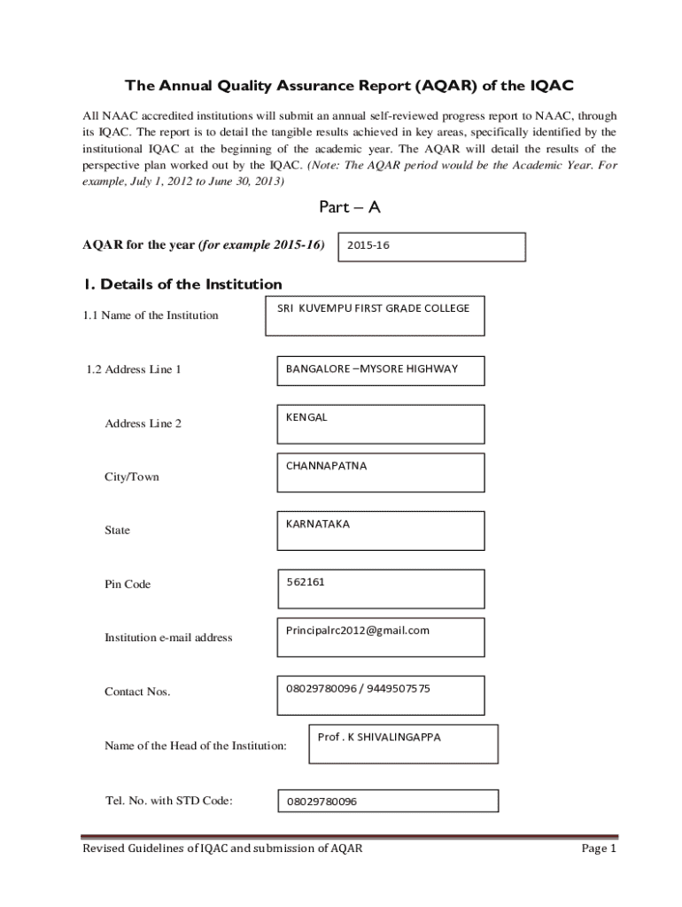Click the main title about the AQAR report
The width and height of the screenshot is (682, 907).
click(x=349, y=86)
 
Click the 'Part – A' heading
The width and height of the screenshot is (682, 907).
click(x=349, y=207)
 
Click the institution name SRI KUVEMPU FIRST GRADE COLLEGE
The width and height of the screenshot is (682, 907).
click(x=373, y=308)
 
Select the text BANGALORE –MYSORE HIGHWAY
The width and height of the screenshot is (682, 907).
click(x=371, y=368)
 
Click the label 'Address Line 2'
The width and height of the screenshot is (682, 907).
click(x=143, y=423)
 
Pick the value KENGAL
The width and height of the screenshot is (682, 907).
click(x=306, y=417)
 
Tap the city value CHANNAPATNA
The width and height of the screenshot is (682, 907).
click(x=326, y=466)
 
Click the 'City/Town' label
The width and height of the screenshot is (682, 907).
click(x=132, y=477)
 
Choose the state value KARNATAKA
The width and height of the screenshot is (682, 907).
click(x=318, y=523)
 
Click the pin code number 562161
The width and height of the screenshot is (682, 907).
click(x=306, y=582)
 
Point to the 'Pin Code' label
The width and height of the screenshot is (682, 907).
click(x=128, y=585)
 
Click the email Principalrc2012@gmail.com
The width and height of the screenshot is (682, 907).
click(x=358, y=631)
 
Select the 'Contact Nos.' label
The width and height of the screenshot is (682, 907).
click(x=137, y=691)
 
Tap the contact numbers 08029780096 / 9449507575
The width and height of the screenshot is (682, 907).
click(x=358, y=688)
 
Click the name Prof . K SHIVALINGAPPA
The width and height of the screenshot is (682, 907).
click(x=379, y=737)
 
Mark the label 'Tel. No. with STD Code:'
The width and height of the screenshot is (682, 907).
click(x=169, y=801)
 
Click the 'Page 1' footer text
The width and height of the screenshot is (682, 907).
click(x=598, y=849)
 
